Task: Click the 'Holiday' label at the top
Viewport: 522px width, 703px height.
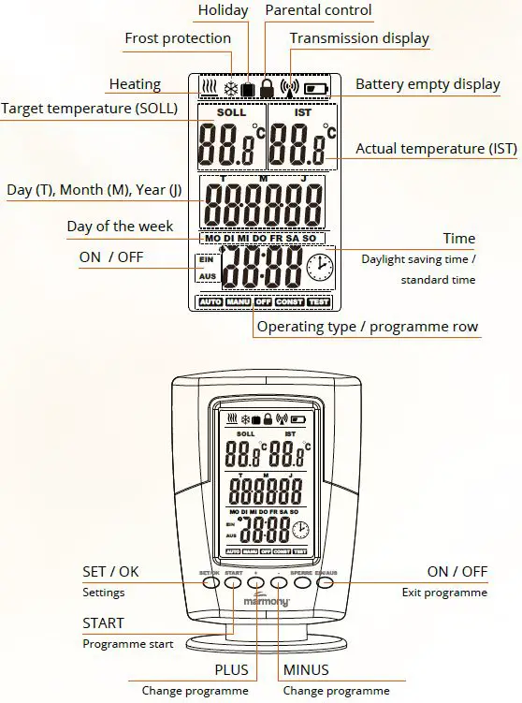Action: coord(223,10)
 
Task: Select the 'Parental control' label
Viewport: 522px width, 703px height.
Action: coord(318,10)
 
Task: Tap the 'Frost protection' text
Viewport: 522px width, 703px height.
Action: coord(177,38)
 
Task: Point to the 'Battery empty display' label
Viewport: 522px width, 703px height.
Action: coord(428,84)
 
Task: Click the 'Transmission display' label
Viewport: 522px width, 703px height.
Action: coord(359,38)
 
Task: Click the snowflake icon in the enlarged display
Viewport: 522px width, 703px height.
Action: coord(228,90)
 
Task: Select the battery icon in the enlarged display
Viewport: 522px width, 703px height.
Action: coord(315,90)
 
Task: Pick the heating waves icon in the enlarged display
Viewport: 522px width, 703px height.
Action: coord(210,90)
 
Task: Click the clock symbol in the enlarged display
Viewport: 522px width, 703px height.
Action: coord(319,269)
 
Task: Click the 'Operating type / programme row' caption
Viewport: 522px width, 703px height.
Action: coord(368,327)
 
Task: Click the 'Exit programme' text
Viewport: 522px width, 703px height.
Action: coord(444,593)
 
